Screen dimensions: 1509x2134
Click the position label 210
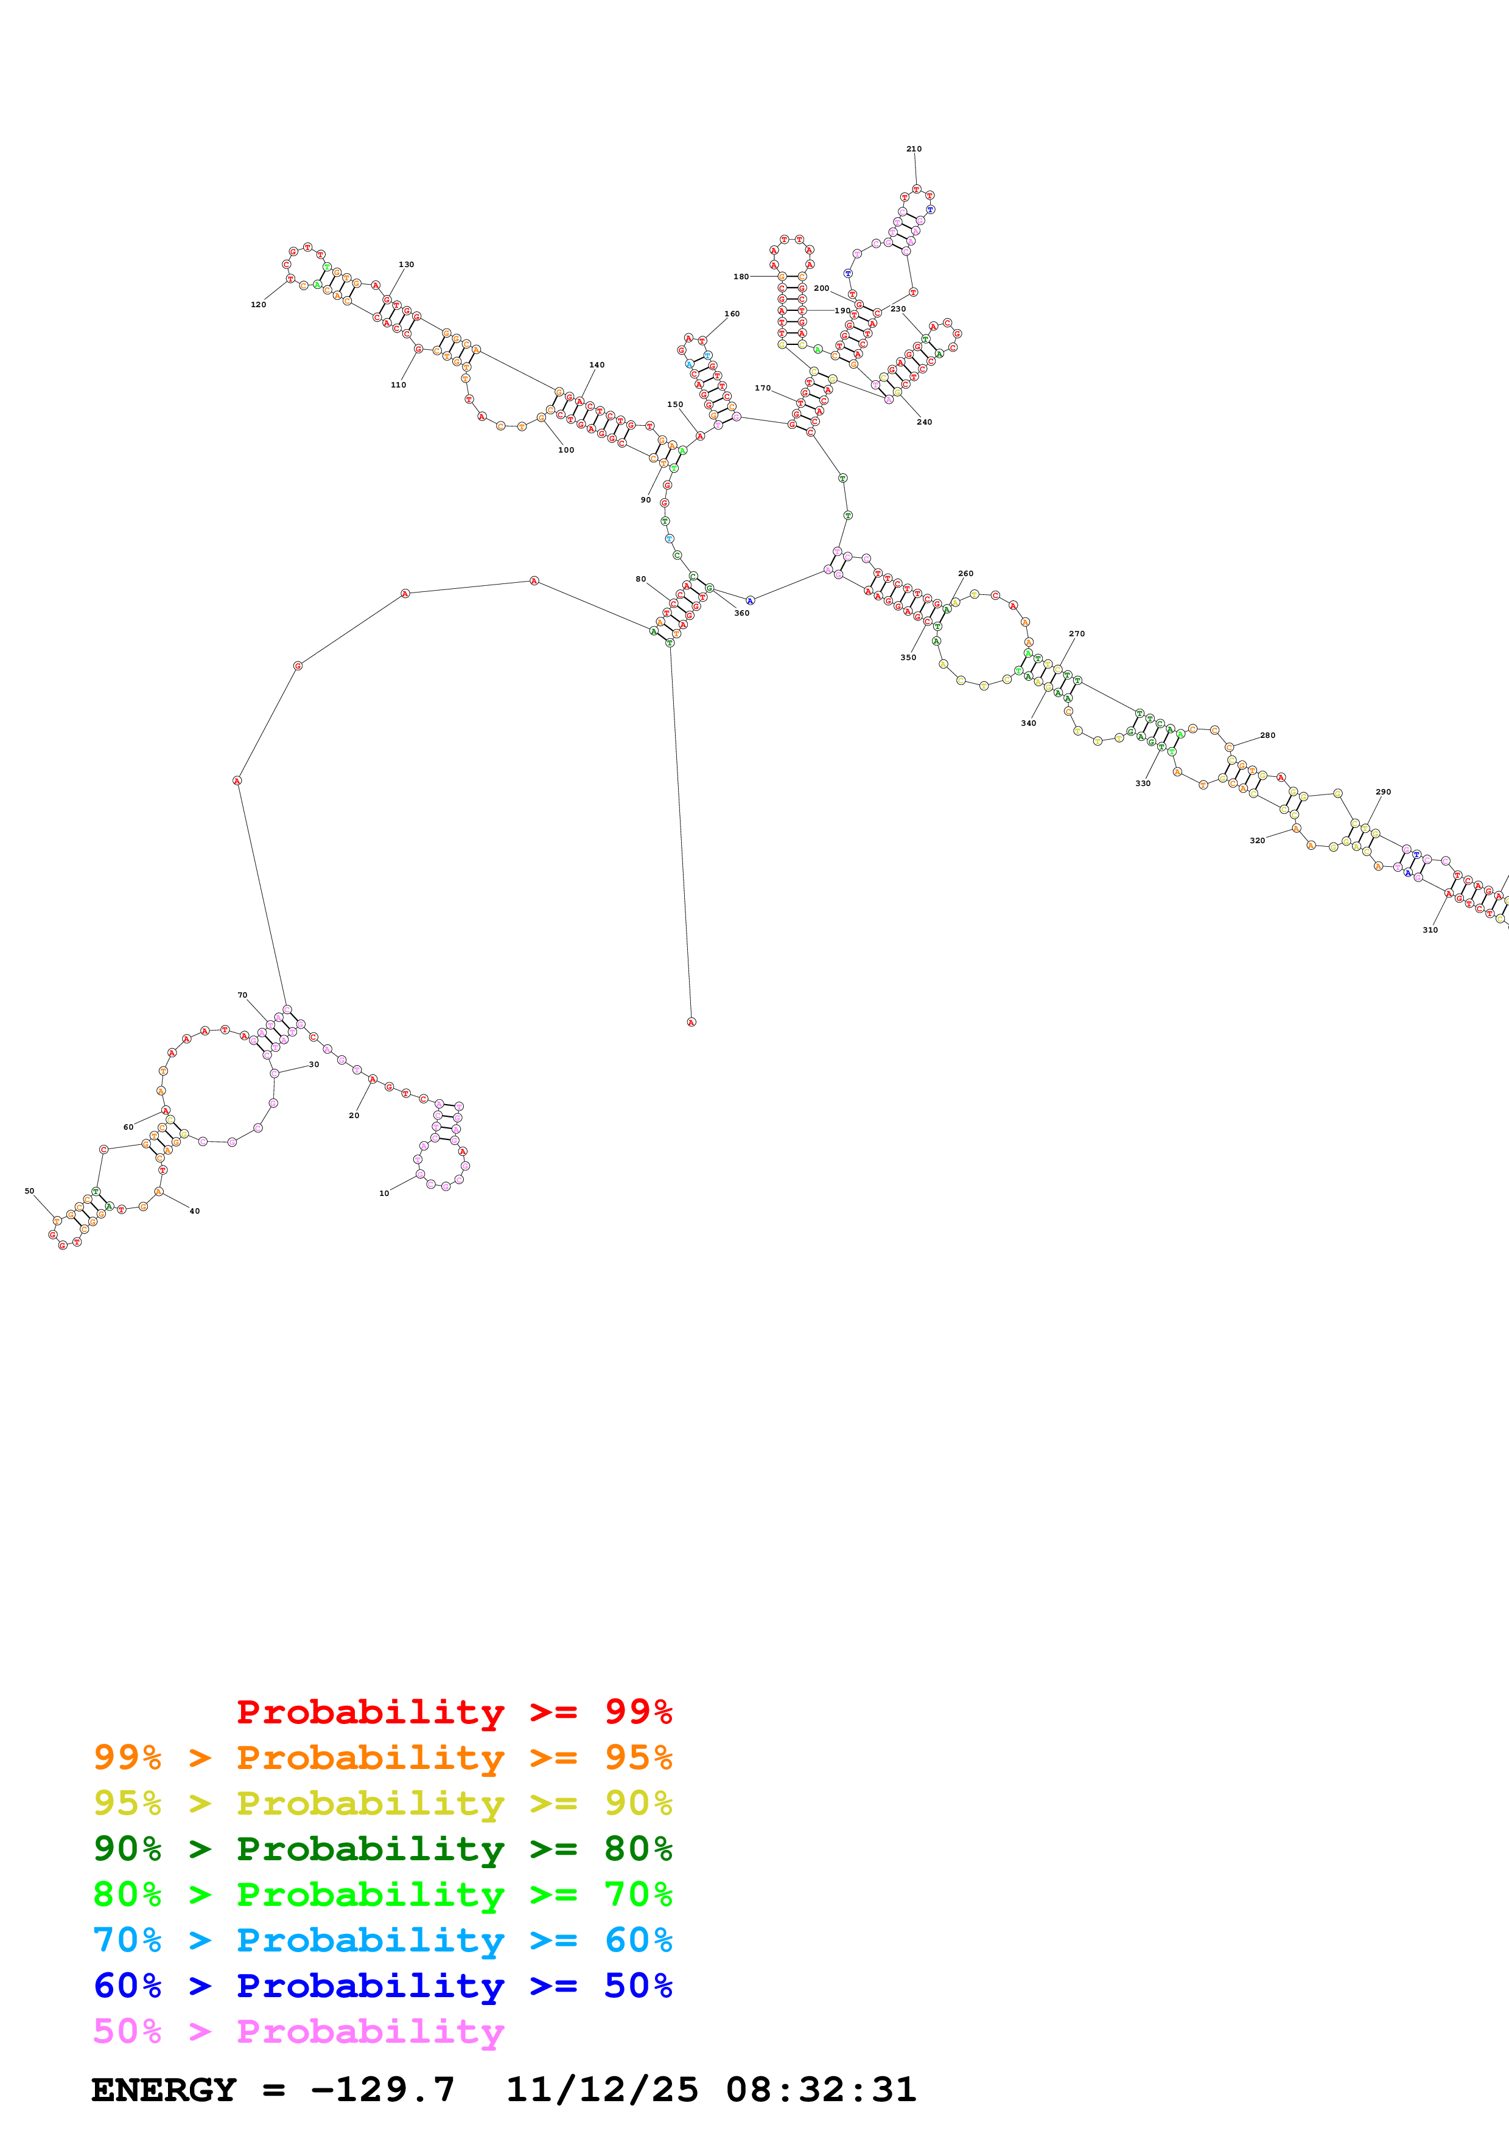pyautogui.click(x=913, y=148)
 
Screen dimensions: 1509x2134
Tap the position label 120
pyautogui.click(x=259, y=305)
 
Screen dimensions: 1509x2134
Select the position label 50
pyautogui.click(x=30, y=1190)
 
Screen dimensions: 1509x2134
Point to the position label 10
pyautogui.click(x=384, y=1194)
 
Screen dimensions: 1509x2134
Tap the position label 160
pyautogui.click(x=732, y=314)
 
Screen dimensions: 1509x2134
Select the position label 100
pyautogui.click(x=565, y=450)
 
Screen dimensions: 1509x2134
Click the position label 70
pyautogui.click(x=243, y=995)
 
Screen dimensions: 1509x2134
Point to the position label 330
pyautogui.click(x=1142, y=784)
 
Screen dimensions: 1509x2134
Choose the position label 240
pyautogui.click(x=923, y=422)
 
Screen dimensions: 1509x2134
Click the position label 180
pyautogui.click(x=740, y=277)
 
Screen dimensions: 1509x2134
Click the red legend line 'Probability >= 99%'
pyautogui.click(x=453, y=1712)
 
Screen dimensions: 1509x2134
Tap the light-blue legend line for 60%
pyautogui.click(x=382, y=1940)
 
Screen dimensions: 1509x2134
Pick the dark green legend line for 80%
pyautogui.click(x=382, y=1849)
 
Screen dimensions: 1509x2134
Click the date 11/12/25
pyautogui.click(x=601, y=2090)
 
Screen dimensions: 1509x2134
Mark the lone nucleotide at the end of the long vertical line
pyautogui.click(x=691, y=1023)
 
